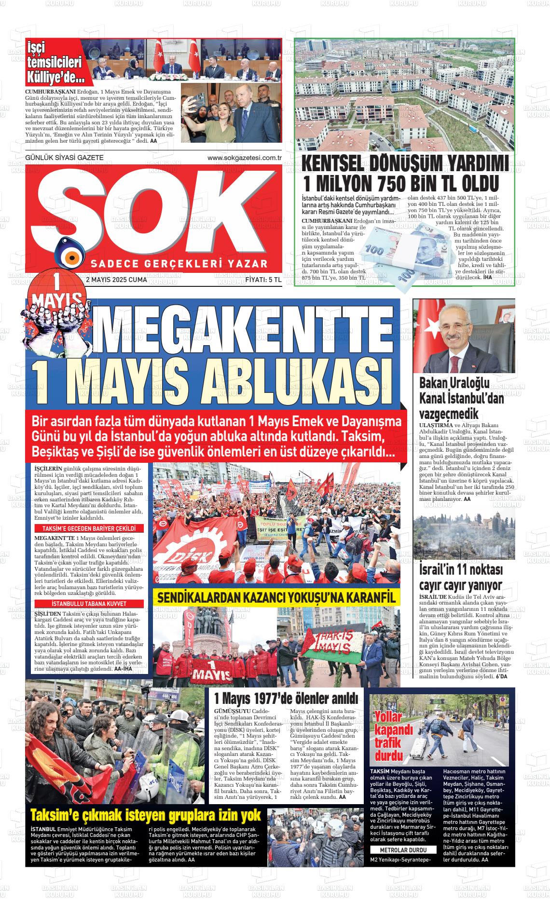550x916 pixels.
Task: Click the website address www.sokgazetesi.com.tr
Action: [244, 158]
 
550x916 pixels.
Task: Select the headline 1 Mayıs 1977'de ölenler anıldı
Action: [286, 698]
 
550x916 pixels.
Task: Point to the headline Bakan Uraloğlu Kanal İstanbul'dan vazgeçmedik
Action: [454, 398]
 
